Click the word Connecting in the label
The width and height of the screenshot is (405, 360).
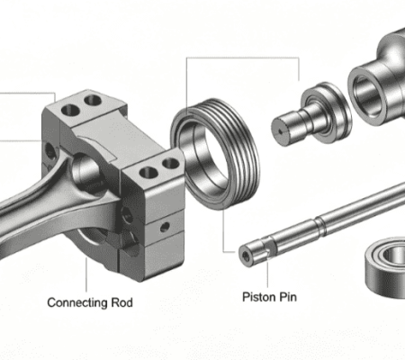click(77, 302)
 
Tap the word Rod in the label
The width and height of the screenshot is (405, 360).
click(122, 302)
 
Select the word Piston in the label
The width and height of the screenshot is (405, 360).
click(259, 297)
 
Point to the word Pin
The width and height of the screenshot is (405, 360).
click(288, 297)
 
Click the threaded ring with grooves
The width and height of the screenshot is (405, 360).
click(237, 126)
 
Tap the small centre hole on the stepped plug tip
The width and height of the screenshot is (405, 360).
click(281, 130)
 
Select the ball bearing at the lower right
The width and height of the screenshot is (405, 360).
click(385, 266)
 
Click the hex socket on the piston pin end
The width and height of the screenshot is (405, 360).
click(246, 256)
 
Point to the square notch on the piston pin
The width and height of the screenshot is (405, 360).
click(269, 247)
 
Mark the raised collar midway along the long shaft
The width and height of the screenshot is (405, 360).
click(320, 227)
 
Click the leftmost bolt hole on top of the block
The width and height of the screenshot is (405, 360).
click(70, 110)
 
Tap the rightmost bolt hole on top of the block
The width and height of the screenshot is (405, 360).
click(171, 164)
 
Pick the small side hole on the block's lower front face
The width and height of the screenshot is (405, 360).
click(165, 227)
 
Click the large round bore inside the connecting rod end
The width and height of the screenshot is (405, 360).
click(86, 170)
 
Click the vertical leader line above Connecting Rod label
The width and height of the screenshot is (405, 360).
click(86, 274)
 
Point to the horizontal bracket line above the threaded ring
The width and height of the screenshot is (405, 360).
click(243, 57)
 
